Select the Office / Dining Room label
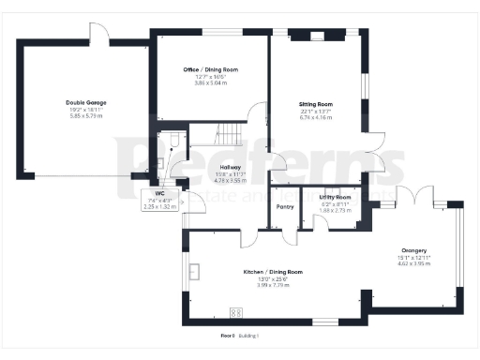[210, 70]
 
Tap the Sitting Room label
[316, 104]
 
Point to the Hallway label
[231, 167]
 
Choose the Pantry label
[285, 207]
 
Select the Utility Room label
[335, 197]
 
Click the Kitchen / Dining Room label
[266, 271]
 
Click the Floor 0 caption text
[226, 335]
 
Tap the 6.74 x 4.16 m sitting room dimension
[316, 117]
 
